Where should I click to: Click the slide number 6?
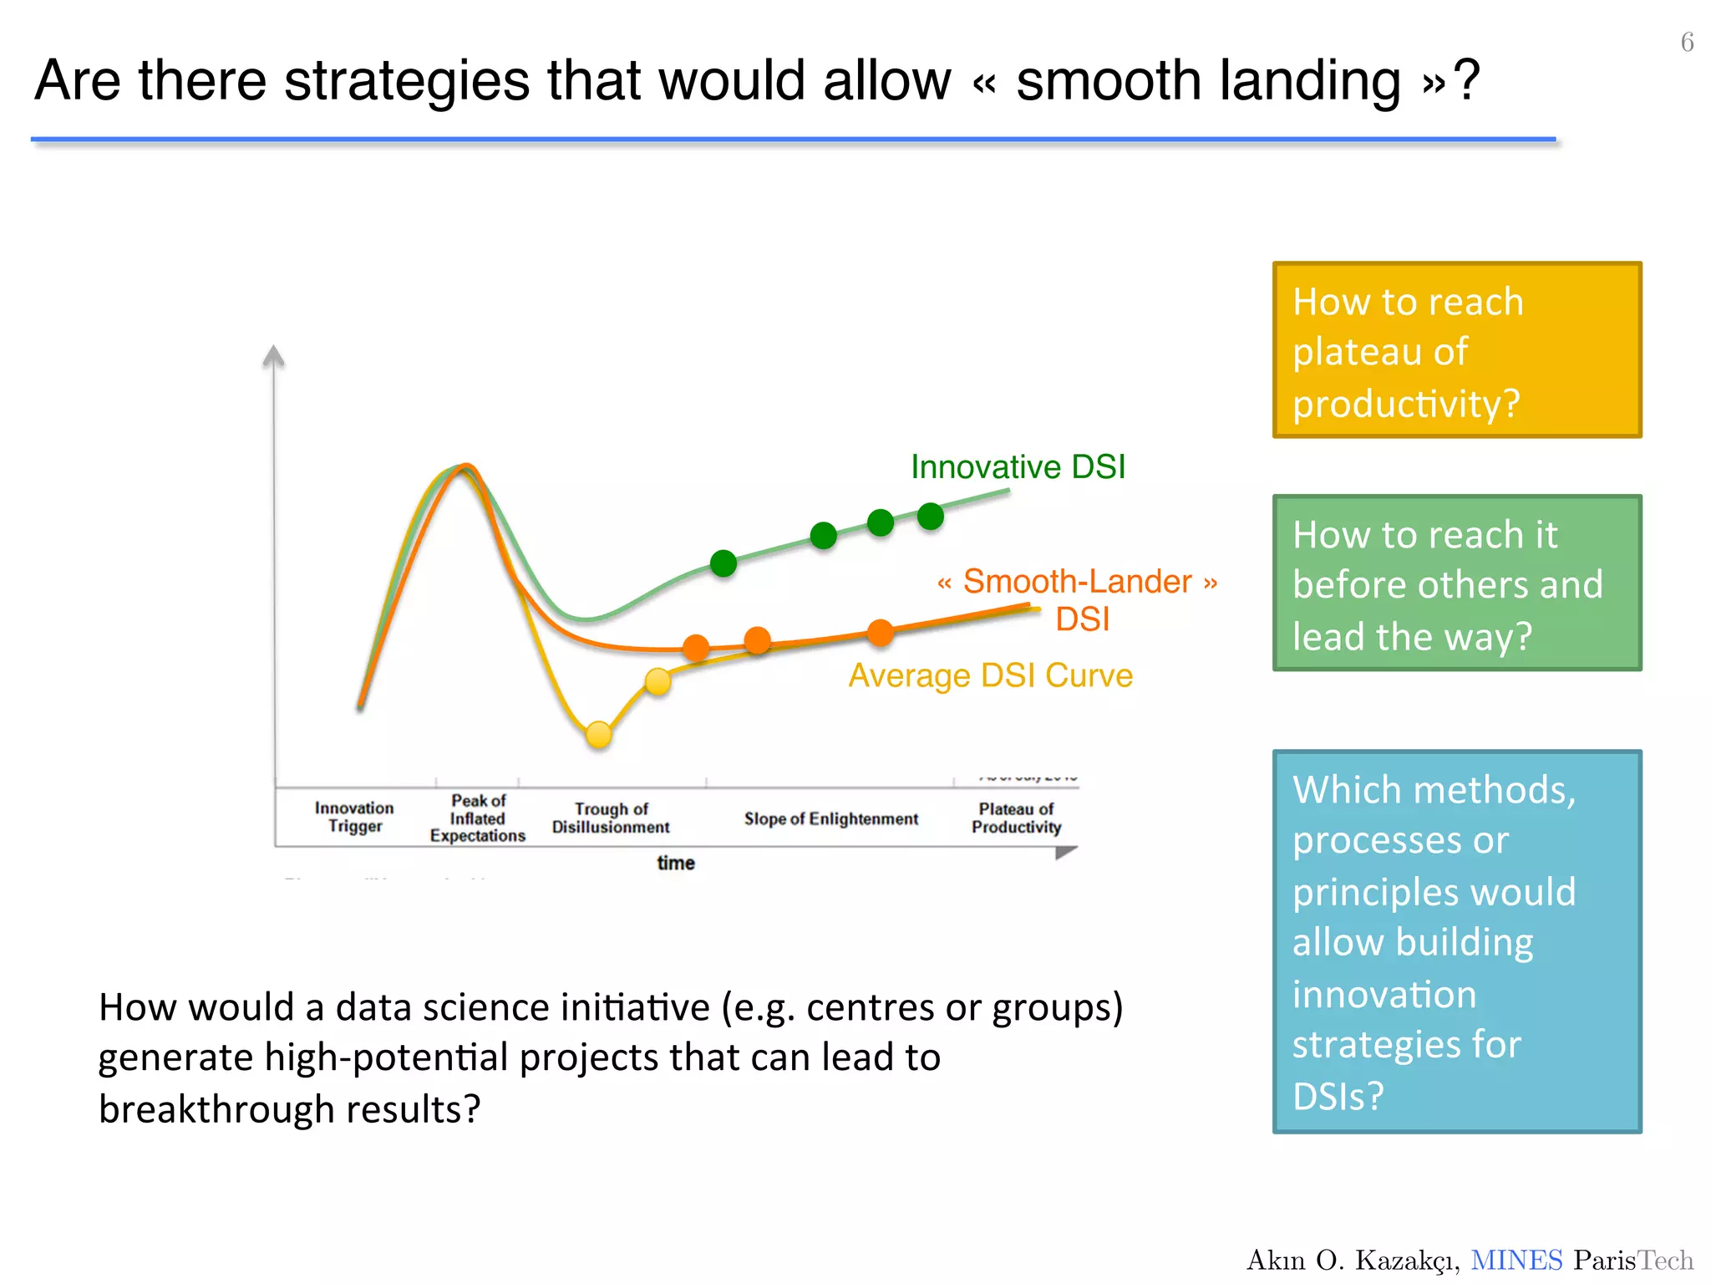coord(1687,43)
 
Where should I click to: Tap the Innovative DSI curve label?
coord(1018,467)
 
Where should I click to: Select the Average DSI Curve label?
coord(990,675)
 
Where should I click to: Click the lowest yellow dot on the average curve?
coord(599,735)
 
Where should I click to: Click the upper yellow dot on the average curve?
coord(658,681)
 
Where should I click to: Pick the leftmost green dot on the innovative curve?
coord(723,563)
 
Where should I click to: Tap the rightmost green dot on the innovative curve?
coord(930,517)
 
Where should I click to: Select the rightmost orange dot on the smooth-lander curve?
coord(880,633)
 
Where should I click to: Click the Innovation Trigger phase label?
coord(354,817)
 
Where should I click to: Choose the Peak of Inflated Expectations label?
coord(478,818)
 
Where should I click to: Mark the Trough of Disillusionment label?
coord(611,818)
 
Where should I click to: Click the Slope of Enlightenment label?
coord(830,819)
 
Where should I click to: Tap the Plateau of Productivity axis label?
coord(1016,818)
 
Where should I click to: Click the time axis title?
coord(675,863)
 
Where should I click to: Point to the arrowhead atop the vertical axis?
coord(273,356)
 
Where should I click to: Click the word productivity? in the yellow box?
coord(1405,404)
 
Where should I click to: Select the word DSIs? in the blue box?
coord(1338,1096)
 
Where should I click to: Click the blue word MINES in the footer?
coord(1516,1260)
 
